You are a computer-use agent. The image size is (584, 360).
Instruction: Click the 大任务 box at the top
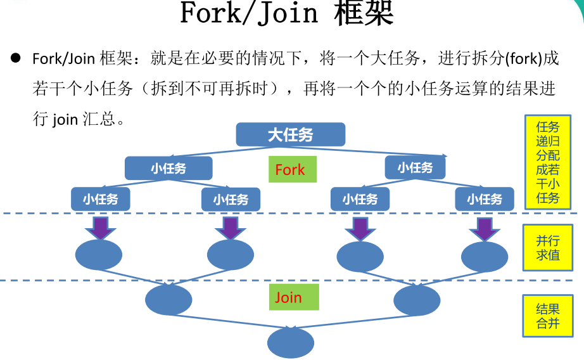291,134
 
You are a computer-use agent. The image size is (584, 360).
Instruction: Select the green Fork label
293,169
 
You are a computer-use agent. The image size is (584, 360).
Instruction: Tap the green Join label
294,297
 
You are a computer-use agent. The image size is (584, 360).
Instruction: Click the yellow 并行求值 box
548,247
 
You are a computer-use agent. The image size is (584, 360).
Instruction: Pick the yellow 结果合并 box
548,316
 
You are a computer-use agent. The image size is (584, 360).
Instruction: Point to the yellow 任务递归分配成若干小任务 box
548,162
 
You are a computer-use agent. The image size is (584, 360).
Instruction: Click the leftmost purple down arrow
101,228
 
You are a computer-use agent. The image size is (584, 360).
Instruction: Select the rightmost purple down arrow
485,229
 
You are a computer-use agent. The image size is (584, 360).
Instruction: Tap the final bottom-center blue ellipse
291,343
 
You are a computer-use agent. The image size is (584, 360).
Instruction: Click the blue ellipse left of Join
168,300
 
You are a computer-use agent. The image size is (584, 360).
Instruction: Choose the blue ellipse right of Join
417,300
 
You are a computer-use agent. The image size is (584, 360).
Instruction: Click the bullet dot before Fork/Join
16,58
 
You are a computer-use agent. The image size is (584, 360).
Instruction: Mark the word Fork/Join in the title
249,13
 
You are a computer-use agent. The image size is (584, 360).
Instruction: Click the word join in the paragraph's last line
65,120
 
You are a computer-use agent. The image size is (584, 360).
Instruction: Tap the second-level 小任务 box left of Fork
168,168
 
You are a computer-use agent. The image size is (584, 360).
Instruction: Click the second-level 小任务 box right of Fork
416,167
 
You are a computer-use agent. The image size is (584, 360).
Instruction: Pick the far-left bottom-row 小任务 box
101,200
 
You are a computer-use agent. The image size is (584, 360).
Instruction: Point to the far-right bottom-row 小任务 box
485,200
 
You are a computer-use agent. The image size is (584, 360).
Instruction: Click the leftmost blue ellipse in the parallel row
99,255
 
